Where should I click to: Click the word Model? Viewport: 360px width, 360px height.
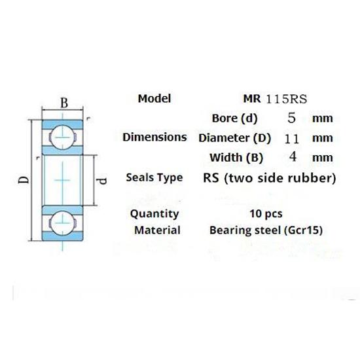pyautogui.click(x=155, y=99)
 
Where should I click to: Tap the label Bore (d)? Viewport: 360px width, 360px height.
pyautogui.click(x=236, y=118)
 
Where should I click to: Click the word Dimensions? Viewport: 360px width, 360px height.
pyautogui.click(x=154, y=137)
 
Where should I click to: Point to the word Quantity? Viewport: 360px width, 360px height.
pyautogui.click(x=154, y=213)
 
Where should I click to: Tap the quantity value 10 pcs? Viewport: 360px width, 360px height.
pyautogui.click(x=266, y=213)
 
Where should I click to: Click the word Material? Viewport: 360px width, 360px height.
pyautogui.click(x=157, y=230)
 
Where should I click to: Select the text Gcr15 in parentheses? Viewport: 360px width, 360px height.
pyautogui.click(x=305, y=230)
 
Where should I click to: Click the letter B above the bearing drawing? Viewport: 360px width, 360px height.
pyautogui.click(x=64, y=103)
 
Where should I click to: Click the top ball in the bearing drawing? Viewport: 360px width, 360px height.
pyautogui.click(x=62, y=135)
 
